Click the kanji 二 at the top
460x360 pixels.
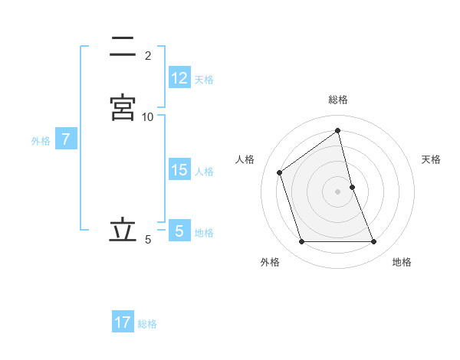pyautogui.click(x=123, y=47)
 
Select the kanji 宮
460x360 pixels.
pyautogui.click(x=123, y=106)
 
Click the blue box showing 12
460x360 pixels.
pyautogui.click(x=179, y=77)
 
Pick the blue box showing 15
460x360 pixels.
pyautogui.click(x=179, y=170)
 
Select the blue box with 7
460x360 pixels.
pyautogui.click(x=67, y=139)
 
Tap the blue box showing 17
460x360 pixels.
pyautogui.click(x=123, y=322)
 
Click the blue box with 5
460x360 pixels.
pyautogui.click(x=179, y=231)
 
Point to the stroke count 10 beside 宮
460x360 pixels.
pyautogui.click(x=148, y=116)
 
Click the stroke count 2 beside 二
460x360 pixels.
pyautogui.click(x=148, y=56)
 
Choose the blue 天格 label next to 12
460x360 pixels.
pyautogui.click(x=204, y=79)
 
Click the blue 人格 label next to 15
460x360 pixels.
pyautogui.click(x=205, y=172)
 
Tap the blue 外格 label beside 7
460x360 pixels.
pyautogui.click(x=41, y=141)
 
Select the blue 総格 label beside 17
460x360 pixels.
pyautogui.click(x=148, y=324)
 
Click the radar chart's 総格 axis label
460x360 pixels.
pyautogui.click(x=338, y=100)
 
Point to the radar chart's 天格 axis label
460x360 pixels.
pyautogui.click(x=432, y=159)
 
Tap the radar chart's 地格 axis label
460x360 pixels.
pyautogui.click(x=402, y=262)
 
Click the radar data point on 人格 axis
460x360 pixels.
pyautogui.click(x=280, y=172)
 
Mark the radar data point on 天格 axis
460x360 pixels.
pyautogui.click(x=352, y=187)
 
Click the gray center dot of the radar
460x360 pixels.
pyautogui.click(x=338, y=191)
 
